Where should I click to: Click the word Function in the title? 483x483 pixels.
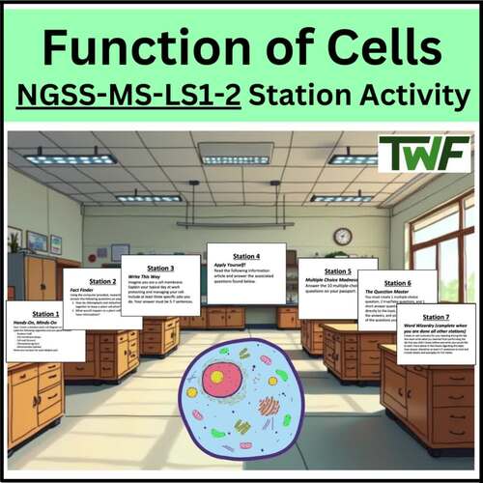[140, 45]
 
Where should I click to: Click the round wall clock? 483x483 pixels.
[342, 236]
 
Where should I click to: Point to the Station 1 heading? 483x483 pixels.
[44, 313]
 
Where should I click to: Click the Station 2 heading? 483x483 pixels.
[102, 281]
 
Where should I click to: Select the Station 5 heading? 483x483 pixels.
[338, 271]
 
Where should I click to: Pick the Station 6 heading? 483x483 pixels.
[396, 283]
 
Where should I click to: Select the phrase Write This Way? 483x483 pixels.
[146, 277]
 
